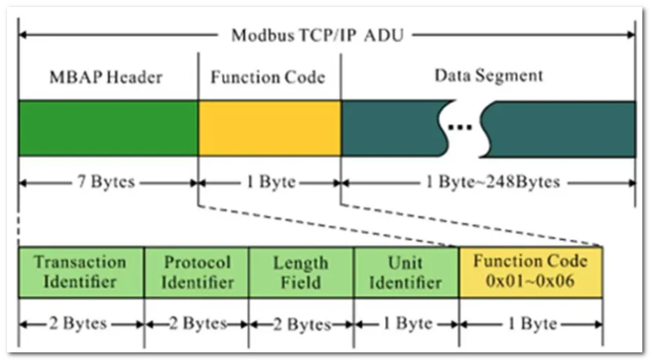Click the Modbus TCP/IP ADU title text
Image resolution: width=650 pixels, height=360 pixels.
pos(317,35)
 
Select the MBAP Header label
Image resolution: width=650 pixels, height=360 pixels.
pos(106,77)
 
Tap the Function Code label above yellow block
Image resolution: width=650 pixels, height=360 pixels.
pos(268,77)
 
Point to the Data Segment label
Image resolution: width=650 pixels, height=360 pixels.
pos(489,75)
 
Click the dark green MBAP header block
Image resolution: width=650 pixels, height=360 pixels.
pos(108,128)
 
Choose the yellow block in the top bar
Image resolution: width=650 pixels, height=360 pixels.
pos(269,128)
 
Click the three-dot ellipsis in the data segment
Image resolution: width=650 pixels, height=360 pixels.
pos(460,127)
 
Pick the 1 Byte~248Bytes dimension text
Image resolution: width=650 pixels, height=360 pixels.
pos(493,183)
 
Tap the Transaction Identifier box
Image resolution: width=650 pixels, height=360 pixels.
pos(81,272)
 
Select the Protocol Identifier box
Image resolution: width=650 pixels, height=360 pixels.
pos(197,272)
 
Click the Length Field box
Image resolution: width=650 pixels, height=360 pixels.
pos(301,272)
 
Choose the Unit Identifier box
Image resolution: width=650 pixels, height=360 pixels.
pos(406,272)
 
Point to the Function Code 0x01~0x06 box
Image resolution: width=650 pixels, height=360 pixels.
pos(530,272)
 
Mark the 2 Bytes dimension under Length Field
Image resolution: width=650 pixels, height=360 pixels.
pos(301,324)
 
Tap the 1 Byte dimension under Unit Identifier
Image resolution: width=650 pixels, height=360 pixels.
pos(406,324)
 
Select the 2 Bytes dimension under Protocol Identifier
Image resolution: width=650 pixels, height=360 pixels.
pos(196,324)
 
